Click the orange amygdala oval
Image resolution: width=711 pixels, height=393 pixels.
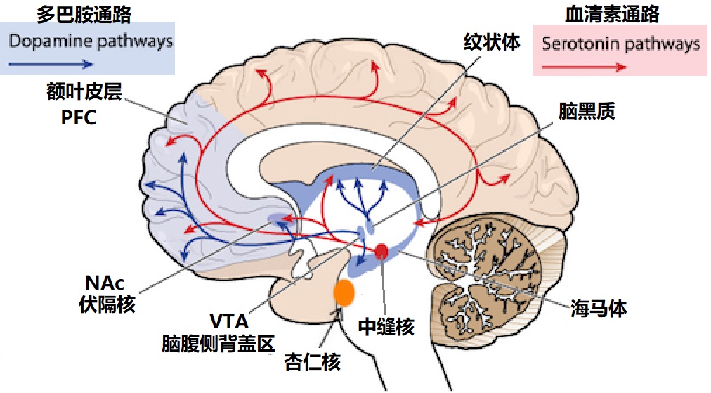[x=344, y=292]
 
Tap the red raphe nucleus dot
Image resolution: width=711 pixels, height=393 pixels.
[x=381, y=251]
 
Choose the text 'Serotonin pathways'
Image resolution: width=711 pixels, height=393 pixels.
[x=621, y=44]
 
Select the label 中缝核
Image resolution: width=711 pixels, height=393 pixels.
[x=386, y=327]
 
